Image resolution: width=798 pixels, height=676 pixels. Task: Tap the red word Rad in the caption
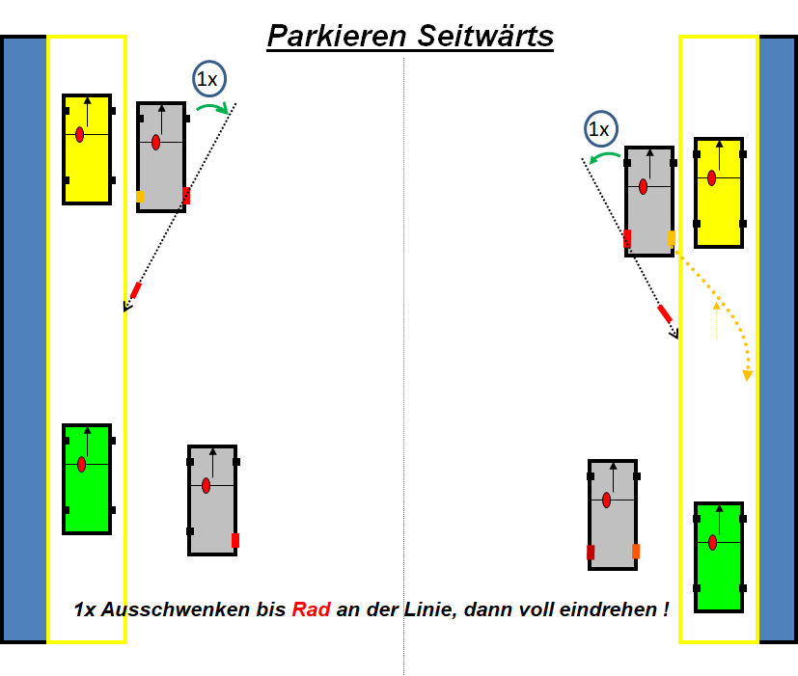coord(312,609)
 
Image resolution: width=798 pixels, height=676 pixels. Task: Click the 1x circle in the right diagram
coord(599,128)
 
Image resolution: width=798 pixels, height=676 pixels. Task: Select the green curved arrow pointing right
coord(213,108)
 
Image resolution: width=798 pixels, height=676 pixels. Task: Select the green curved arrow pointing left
coord(605,156)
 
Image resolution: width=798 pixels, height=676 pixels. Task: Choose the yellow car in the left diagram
coord(87,149)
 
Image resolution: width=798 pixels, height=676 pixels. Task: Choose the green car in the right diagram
coord(719,557)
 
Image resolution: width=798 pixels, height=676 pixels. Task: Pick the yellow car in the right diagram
coord(719,192)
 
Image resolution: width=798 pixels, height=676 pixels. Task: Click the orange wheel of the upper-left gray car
coord(140,197)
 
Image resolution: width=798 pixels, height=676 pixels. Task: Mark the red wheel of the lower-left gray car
coord(234,540)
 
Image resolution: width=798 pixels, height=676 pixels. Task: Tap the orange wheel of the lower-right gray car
coord(636,552)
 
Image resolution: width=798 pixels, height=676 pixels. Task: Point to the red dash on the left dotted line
coord(135,290)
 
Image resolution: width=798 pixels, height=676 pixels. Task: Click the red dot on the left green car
coord(81,465)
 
